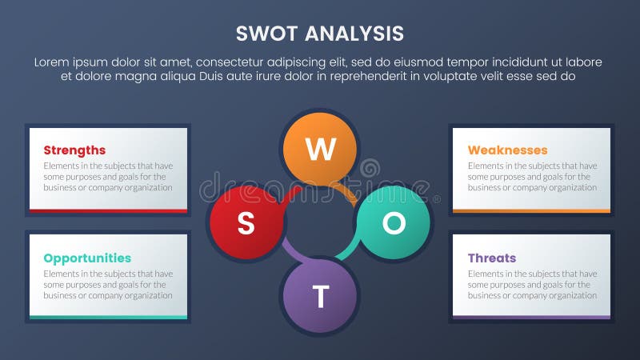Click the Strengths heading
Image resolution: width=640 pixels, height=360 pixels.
tap(74, 150)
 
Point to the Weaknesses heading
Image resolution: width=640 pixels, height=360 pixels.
tap(507, 150)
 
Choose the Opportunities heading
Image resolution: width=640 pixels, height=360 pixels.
tap(87, 258)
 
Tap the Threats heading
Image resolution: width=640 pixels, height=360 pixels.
tap(491, 258)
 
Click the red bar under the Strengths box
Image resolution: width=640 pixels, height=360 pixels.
tap(108, 211)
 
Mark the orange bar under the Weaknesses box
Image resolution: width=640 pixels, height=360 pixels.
tap(532, 211)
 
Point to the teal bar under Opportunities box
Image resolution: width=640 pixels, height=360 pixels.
tap(108, 318)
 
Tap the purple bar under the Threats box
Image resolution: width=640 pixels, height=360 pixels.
tap(532, 318)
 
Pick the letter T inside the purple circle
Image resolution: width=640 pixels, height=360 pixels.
tap(320, 297)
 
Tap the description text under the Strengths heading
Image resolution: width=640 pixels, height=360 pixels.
tap(108, 177)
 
